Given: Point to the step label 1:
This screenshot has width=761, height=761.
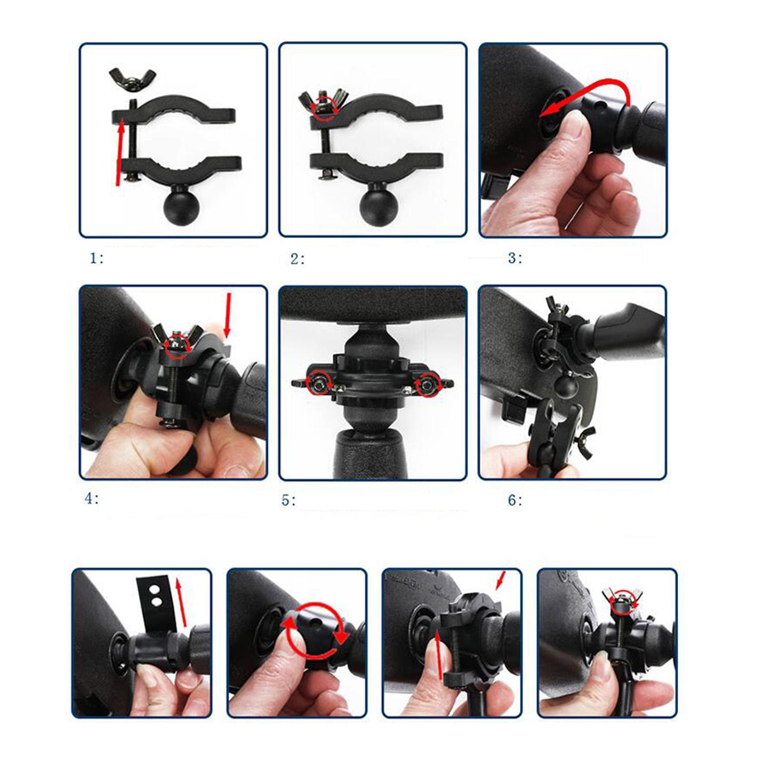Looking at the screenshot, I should point(97,258).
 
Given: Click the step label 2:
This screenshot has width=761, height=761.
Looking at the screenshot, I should point(298,259).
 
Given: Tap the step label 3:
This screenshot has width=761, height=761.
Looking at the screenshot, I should point(515,258).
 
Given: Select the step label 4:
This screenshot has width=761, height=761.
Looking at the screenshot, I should point(91,498).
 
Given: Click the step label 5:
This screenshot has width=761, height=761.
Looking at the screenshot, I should point(288,500).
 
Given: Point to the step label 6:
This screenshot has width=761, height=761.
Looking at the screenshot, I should point(515,500).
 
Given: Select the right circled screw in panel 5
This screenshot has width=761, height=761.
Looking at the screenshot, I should point(428,384).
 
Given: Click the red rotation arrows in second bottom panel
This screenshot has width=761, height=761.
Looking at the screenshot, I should point(314,631).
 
